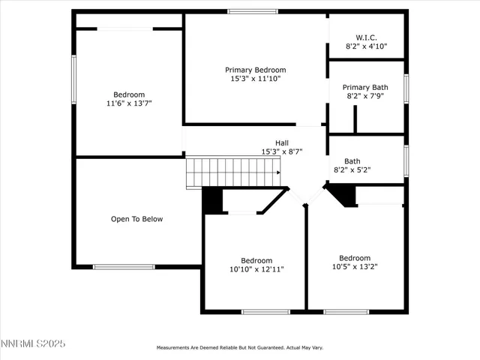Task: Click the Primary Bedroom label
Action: coord(255,70)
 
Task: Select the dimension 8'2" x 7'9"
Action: coord(366,96)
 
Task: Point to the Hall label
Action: coord(281,142)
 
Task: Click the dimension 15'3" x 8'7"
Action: coord(281,151)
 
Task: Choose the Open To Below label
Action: coord(136,219)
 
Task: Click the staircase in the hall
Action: coord(232,172)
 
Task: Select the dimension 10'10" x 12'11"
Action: coord(256,269)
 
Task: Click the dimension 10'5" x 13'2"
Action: coord(354,267)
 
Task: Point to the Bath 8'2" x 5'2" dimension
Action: coord(352,169)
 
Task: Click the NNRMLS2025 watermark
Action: coord(33,343)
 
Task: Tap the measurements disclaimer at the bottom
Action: coord(239,348)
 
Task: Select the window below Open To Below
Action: coord(124,266)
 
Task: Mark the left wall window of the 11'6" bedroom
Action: coord(73,79)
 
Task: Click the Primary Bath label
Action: coord(366,87)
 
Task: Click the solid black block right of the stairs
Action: coord(213,200)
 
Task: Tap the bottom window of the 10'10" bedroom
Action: coord(265,311)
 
